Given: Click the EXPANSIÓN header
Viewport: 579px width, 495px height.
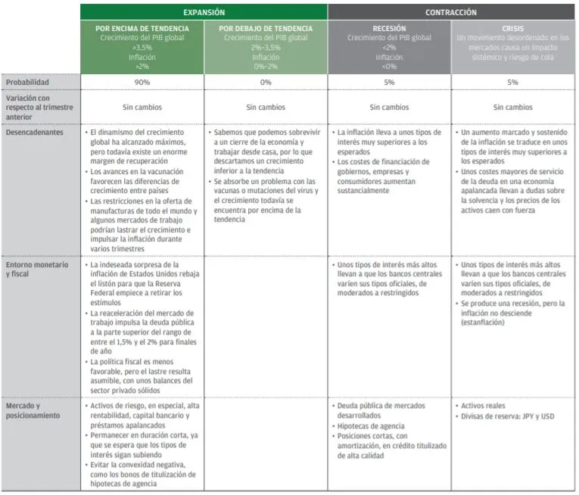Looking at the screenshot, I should pyautogui.click(x=204, y=13).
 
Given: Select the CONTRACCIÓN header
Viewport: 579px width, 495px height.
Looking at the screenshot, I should pyautogui.click(x=451, y=13).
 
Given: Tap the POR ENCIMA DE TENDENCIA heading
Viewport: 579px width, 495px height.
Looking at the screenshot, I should pyautogui.click(x=142, y=28).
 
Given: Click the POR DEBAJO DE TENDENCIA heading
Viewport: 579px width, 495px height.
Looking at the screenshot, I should pyautogui.click(x=266, y=28).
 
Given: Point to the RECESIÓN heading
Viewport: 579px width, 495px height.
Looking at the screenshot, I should pyautogui.click(x=390, y=28).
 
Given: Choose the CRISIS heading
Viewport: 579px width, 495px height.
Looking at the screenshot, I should pyautogui.click(x=513, y=28).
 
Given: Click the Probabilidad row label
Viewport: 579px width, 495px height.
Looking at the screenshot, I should pyautogui.click(x=28, y=82).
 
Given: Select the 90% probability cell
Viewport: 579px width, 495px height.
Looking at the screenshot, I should pyautogui.click(x=142, y=82).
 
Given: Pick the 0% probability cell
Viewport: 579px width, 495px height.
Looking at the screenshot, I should pyautogui.click(x=266, y=82).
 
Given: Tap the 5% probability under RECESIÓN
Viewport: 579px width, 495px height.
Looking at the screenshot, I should pyautogui.click(x=390, y=82).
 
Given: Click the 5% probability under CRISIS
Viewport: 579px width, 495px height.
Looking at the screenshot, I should pyautogui.click(x=513, y=82).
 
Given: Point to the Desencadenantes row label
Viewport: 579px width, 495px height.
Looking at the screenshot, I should pyautogui.click(x=34, y=132).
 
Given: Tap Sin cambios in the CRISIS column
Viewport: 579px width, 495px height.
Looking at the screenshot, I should pyautogui.click(x=513, y=107).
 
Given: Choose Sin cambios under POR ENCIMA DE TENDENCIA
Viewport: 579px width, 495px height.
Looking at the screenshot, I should pyautogui.click(x=142, y=107).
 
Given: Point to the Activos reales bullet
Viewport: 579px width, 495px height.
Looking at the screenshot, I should pyautogui.click(x=485, y=406).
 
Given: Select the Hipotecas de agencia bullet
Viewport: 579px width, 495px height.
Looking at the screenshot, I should pyautogui.click(x=372, y=426).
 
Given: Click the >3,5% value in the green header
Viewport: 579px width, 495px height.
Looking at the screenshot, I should pyautogui.click(x=142, y=46).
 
